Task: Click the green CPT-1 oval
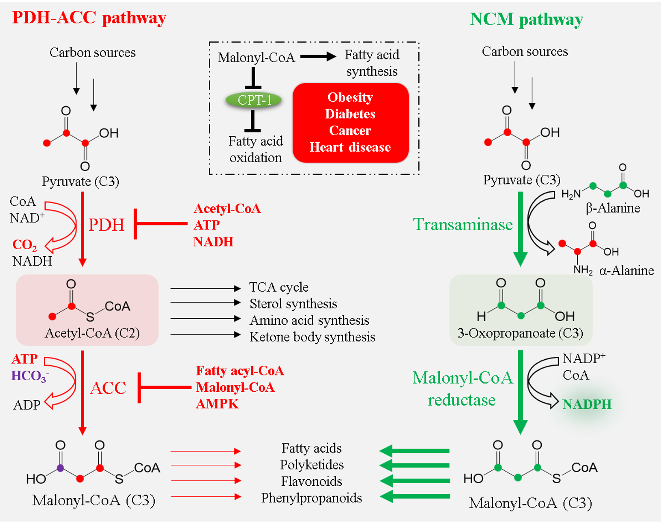pos(254,100)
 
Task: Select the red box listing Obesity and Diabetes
pos(350,123)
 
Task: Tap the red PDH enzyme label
pos(106,225)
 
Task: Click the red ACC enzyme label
pos(108,388)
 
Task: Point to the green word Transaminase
pos(463,225)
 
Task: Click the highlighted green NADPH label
pos(587,404)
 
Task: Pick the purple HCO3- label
pos(29,376)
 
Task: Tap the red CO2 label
pos(24,245)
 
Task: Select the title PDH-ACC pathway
pos(89,18)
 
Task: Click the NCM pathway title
pos(526,20)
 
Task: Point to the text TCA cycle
pos(279,287)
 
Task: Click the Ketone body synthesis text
pos(312,337)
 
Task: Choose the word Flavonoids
pos(311,481)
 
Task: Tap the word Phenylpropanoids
pos(311,498)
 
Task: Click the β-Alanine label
pos(613,208)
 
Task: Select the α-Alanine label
pos(626,271)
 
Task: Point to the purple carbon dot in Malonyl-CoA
pos(60,468)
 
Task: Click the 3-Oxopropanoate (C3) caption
pos(520,333)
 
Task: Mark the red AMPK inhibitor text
pos(217,404)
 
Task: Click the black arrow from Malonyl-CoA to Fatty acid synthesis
pos(318,56)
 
